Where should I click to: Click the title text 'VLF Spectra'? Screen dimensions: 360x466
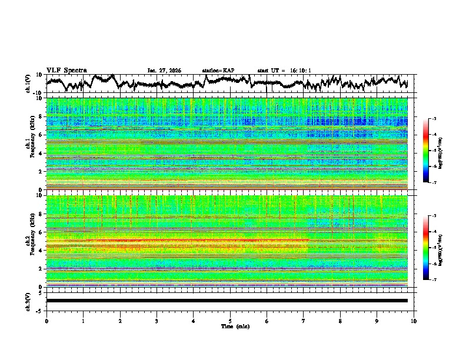(66, 71)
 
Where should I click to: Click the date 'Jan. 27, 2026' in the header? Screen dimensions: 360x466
(164, 71)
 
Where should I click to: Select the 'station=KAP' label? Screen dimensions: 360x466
(218, 71)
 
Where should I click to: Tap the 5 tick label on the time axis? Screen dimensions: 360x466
(230, 321)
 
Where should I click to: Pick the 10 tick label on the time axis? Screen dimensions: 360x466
(414, 321)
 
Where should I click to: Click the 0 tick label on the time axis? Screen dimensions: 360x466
(46, 321)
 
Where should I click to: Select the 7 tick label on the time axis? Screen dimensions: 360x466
(304, 321)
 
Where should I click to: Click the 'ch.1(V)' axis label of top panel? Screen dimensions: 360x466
(28, 84)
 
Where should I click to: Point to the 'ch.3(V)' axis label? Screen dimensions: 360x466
(28, 300)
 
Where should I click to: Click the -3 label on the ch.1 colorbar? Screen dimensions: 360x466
(433, 119)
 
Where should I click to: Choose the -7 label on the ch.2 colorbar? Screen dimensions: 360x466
(433, 280)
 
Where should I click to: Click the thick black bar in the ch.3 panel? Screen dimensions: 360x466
(227, 301)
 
